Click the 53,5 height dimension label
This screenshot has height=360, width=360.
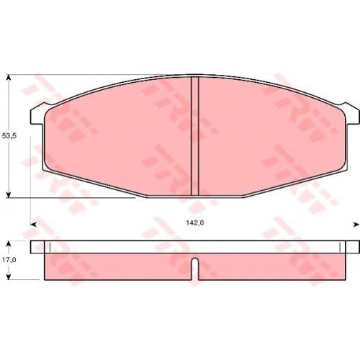pos(9,136)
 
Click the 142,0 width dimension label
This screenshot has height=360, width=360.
pos(195,223)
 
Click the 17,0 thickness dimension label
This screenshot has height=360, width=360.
pos(9,260)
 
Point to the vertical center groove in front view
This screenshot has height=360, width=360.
pos(195,136)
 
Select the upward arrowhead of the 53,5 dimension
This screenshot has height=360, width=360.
pos(9,78)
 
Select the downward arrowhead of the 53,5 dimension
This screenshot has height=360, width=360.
pos(9,194)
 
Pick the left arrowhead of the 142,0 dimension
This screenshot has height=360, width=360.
pos(34,225)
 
